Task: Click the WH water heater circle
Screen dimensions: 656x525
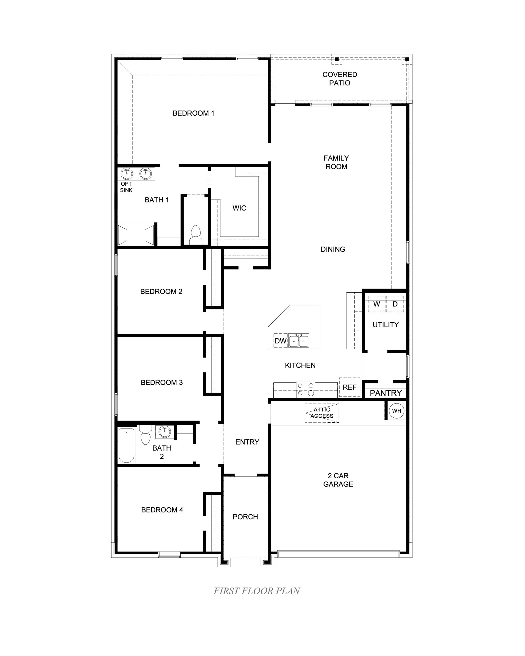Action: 396,411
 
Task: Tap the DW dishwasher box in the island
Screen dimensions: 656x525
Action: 280,341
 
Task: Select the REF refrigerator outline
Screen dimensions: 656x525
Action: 349,387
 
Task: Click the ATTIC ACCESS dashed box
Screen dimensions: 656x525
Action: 322,413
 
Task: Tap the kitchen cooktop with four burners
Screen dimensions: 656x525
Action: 305,390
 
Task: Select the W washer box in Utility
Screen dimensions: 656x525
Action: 376,304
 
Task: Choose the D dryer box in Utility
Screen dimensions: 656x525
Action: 395,304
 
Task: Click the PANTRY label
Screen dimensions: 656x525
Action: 385,393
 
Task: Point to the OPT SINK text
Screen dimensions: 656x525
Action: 126,187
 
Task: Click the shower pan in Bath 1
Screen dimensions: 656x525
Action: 136,235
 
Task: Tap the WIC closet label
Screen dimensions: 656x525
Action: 239,208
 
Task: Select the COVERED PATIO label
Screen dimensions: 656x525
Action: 340,79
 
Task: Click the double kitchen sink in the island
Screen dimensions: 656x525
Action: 298,340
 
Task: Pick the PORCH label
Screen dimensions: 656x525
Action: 245,517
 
